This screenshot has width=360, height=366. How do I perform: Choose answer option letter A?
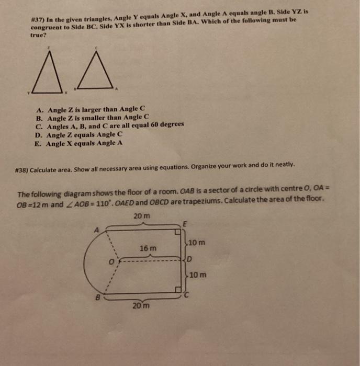click(x=40, y=110)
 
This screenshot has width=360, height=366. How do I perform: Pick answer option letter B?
click(x=40, y=118)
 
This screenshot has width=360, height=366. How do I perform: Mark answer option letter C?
click(x=40, y=126)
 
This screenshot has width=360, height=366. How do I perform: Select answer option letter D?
click(x=40, y=134)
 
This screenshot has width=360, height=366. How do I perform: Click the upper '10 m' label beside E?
click(x=197, y=243)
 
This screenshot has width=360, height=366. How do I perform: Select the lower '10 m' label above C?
click(x=197, y=274)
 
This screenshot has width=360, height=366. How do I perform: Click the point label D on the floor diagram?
click(x=191, y=259)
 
